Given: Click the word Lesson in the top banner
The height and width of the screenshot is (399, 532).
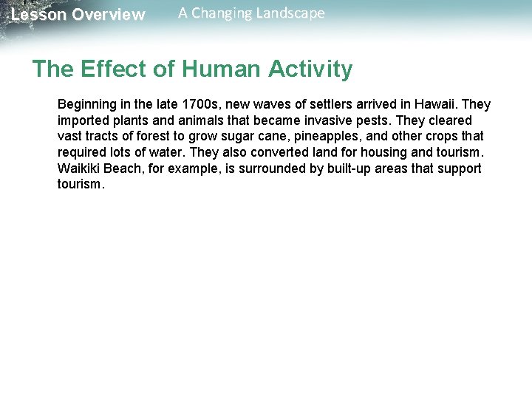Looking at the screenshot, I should (38, 15).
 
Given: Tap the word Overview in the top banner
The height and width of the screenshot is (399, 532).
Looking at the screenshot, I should (109, 15).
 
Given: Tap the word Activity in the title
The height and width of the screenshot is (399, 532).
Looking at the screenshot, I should (310, 69).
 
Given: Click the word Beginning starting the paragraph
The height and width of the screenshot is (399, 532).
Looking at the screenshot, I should (88, 105).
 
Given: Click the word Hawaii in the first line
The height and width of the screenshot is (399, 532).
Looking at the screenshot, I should (434, 105).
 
